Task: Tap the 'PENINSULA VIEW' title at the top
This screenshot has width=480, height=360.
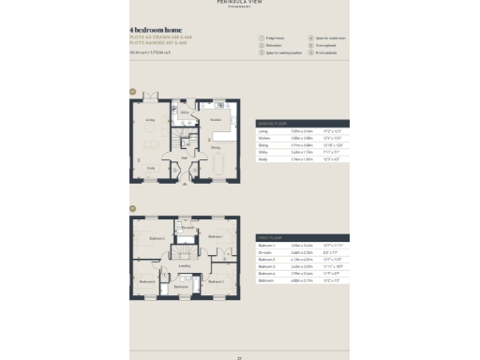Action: (239, 4)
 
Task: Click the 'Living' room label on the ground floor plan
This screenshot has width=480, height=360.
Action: (149, 120)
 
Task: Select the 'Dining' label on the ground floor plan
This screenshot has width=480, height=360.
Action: (215, 147)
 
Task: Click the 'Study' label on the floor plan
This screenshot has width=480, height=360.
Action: (150, 168)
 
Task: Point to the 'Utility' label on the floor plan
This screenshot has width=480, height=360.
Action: (185, 112)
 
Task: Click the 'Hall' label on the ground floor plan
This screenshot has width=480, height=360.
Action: (185, 157)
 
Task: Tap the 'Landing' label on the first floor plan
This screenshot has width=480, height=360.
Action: (185, 265)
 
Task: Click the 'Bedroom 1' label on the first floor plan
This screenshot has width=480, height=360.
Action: (157, 238)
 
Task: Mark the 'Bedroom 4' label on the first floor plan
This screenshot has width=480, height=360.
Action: (147, 280)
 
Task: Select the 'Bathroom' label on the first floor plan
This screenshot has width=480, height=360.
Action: (181, 287)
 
